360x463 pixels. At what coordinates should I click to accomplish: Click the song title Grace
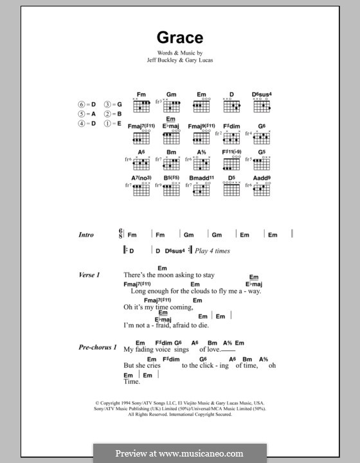coord(180,37)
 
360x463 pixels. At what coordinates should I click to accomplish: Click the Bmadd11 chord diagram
coord(202,187)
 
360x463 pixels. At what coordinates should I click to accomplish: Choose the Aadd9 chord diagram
coord(262,187)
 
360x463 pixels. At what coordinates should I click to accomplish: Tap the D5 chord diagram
coord(231,187)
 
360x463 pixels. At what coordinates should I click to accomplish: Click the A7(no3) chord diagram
coord(141,187)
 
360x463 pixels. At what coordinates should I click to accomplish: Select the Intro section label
coord(86,235)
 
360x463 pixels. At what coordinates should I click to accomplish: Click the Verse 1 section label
coord(89,275)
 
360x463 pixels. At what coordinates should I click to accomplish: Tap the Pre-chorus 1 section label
coord(98,348)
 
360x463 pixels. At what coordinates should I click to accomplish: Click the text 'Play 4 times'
coord(212,251)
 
